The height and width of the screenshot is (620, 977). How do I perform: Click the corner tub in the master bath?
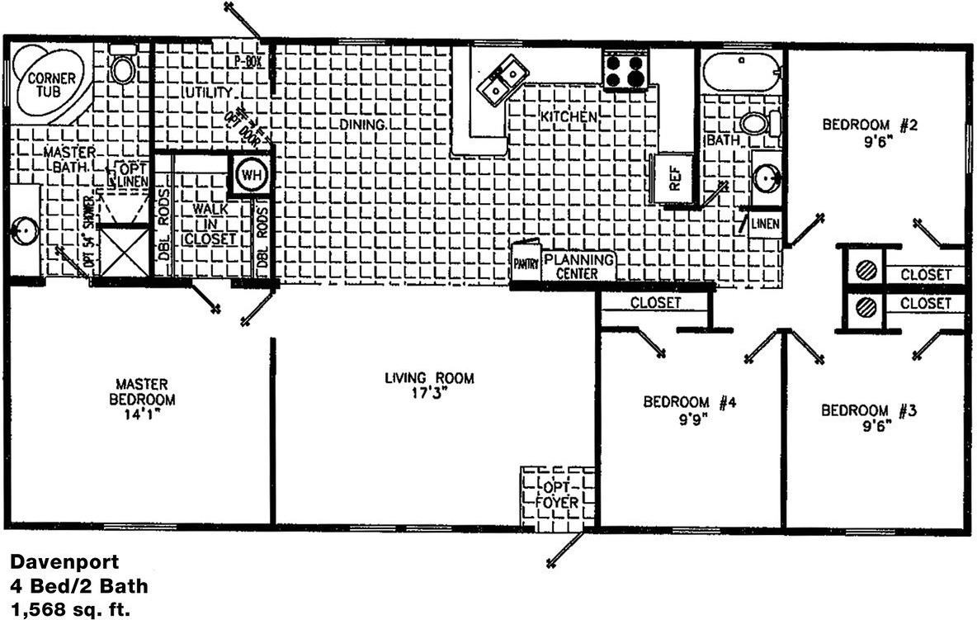[x=51, y=83]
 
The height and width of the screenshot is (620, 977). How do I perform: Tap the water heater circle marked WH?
[x=248, y=174]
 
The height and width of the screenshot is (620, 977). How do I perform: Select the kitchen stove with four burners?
[x=625, y=69]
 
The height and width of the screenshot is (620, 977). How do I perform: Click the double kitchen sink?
[x=504, y=79]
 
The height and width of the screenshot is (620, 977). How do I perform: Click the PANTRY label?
[x=526, y=264]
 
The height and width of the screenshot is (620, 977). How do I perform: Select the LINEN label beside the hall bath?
[x=766, y=224]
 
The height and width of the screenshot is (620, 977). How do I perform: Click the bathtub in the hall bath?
[x=741, y=72]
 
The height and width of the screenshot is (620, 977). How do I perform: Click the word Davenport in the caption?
[x=64, y=562]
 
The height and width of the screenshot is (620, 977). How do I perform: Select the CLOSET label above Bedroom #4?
[x=656, y=303]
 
